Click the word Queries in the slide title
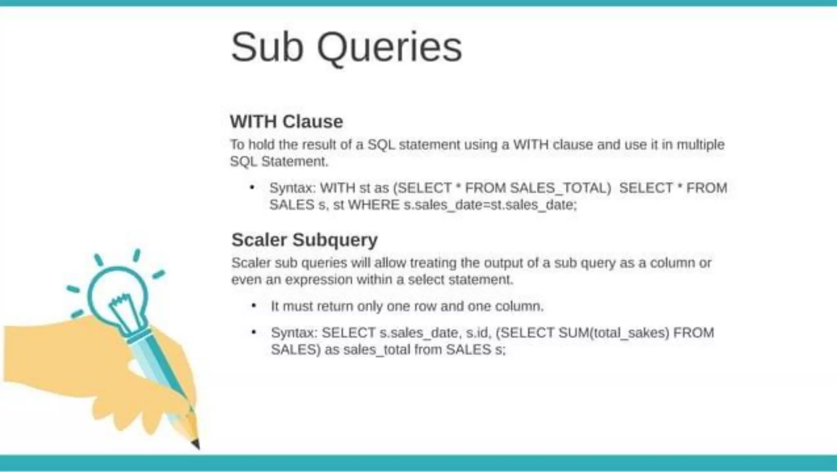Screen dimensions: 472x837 click(389, 48)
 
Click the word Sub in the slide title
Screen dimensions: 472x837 click(267, 47)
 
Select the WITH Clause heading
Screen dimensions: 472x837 click(286, 121)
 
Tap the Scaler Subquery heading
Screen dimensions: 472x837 click(304, 239)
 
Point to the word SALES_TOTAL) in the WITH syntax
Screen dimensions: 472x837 click(560, 188)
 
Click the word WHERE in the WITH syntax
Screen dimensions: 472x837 click(373, 205)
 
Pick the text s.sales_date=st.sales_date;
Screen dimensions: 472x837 click(490, 205)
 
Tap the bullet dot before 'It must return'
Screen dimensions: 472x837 click(254, 306)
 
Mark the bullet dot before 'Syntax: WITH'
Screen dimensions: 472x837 click(252, 188)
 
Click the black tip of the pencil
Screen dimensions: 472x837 click(196, 444)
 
